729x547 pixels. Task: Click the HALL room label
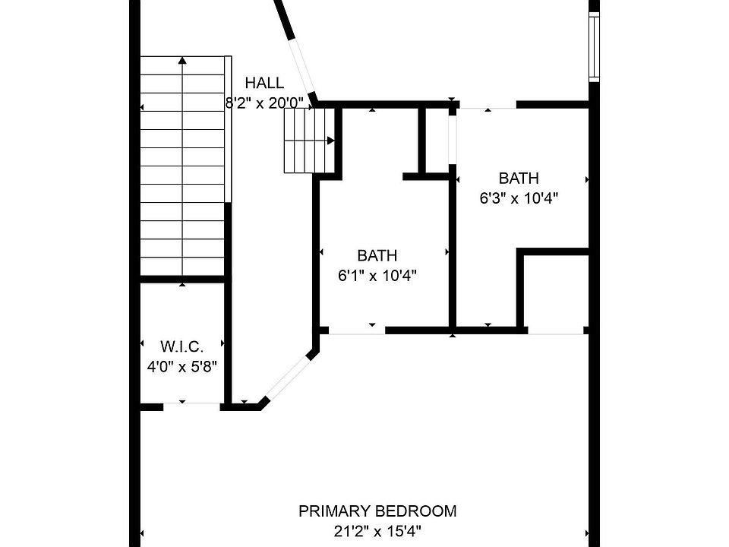click(264, 84)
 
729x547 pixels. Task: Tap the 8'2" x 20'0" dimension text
click(264, 103)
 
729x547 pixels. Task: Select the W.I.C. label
click(182, 347)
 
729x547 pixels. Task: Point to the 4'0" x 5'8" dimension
click(182, 366)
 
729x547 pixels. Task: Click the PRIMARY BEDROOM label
click(377, 511)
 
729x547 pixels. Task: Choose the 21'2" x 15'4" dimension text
click(377, 530)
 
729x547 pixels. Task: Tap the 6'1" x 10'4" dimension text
click(377, 275)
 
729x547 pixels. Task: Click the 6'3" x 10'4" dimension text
click(519, 198)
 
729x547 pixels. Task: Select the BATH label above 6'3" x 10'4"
click(519, 179)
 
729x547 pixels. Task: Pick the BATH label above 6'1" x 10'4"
click(377, 256)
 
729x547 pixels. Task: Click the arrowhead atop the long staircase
click(182, 59)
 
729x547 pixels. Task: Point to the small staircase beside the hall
click(308, 141)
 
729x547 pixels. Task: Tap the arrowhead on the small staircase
click(331, 141)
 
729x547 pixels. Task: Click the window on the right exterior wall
click(595, 46)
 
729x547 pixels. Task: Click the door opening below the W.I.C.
click(191, 406)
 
